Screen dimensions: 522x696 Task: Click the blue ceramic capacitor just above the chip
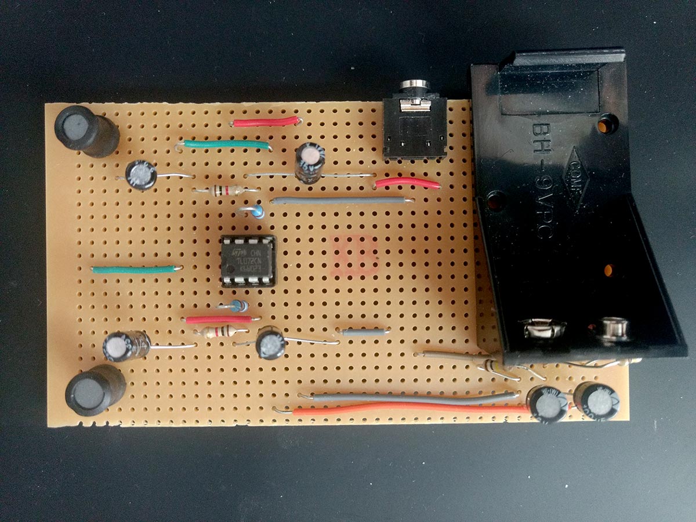[x=257, y=212]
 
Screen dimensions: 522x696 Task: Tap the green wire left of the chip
[x=135, y=269]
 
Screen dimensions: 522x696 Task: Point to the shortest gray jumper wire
[x=365, y=332]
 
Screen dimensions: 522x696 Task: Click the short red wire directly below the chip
[x=219, y=319]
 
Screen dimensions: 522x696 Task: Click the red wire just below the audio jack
[x=407, y=183]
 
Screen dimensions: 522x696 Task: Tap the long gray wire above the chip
[x=340, y=201]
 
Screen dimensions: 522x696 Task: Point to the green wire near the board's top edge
[x=226, y=144]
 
